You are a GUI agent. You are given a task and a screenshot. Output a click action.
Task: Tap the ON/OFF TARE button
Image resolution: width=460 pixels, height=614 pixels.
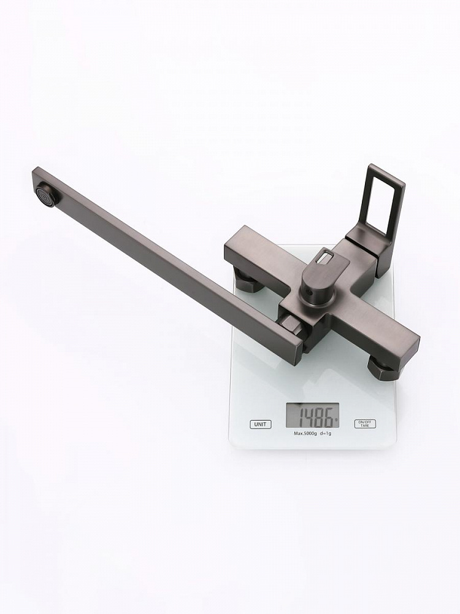click(x=365, y=424)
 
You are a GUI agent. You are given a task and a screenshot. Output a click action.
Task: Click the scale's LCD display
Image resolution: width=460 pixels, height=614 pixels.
click(x=313, y=416)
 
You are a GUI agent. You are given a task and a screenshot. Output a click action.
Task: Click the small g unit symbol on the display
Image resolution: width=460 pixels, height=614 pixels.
click(x=335, y=419)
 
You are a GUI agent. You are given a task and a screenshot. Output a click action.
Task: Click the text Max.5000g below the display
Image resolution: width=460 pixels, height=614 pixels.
click(x=305, y=433)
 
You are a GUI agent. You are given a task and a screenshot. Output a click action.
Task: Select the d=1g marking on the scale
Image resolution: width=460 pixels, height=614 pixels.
click(x=325, y=433)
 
